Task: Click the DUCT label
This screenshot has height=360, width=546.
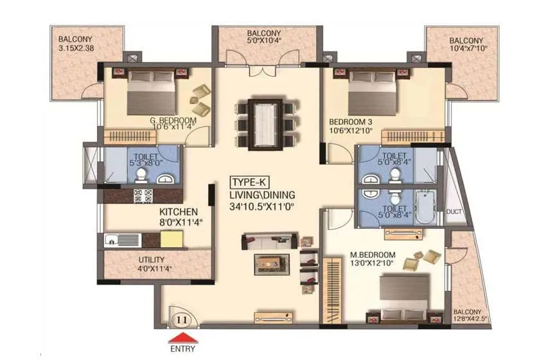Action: point(454,211)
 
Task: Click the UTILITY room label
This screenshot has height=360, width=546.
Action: point(152,260)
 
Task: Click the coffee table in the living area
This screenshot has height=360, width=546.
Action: point(271,264)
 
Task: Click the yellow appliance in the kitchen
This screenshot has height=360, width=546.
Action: point(171,240)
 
